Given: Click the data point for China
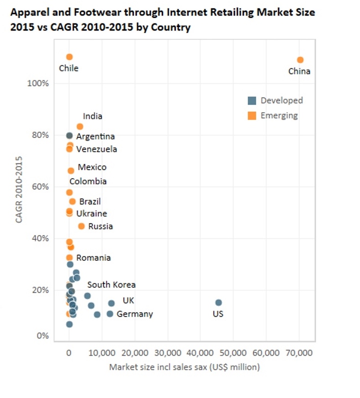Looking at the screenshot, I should click(x=300, y=60).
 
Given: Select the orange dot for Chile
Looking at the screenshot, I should click(x=69, y=57).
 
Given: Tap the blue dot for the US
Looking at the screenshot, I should click(x=218, y=303).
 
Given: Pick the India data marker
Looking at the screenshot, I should click(x=80, y=126).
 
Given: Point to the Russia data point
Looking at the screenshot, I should click(x=81, y=226).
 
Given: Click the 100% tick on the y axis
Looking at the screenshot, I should click(x=38, y=83).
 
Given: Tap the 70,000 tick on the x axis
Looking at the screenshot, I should click(x=299, y=353).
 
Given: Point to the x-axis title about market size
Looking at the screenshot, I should click(x=184, y=368).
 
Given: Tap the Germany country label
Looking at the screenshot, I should click(x=135, y=314).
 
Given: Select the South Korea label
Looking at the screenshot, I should click(x=111, y=285).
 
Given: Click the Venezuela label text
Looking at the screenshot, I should click(x=97, y=149).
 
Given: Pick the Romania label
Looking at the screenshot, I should click(x=93, y=258).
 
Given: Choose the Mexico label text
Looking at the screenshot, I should click(x=92, y=167).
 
